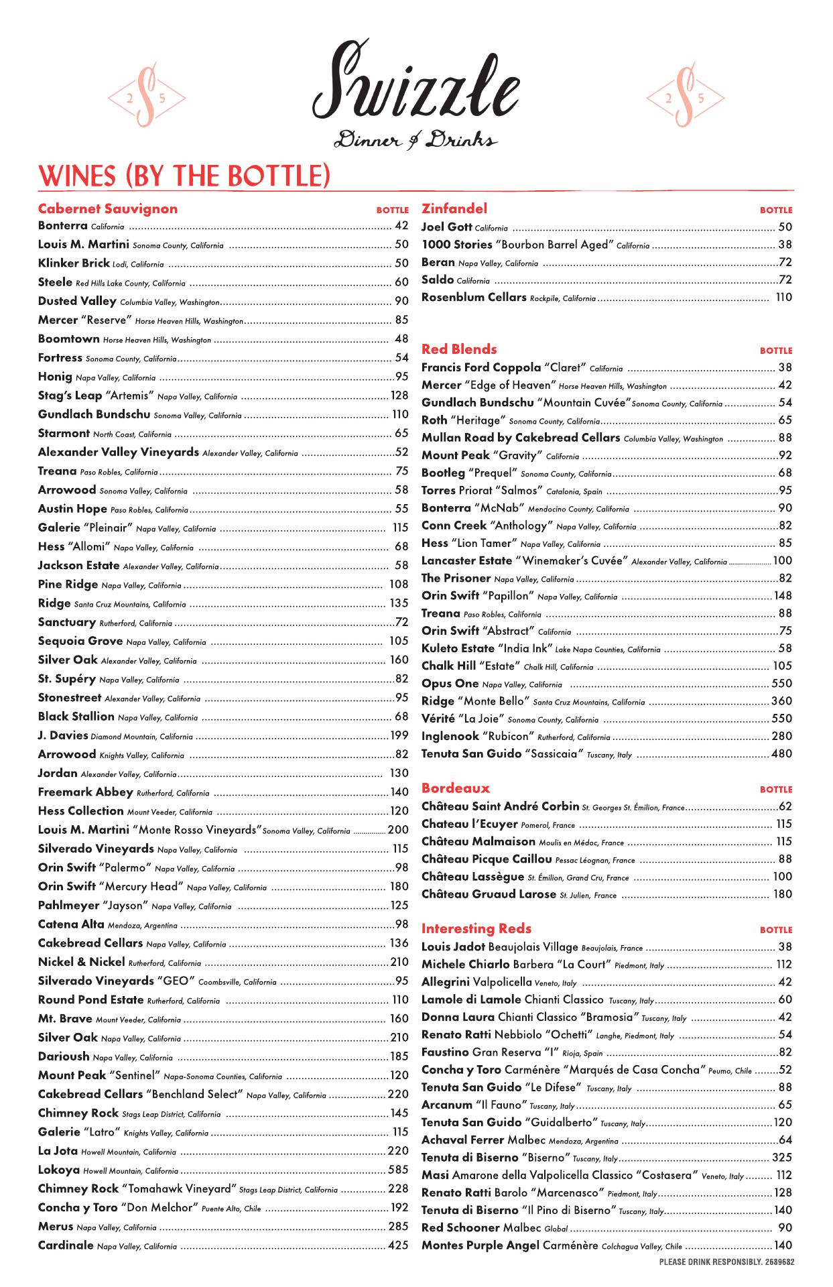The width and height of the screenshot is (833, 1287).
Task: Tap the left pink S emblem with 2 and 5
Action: click(x=147, y=98)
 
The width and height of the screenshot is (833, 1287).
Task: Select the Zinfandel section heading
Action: click(x=454, y=208)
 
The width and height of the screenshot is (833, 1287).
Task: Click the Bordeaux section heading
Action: click(x=456, y=788)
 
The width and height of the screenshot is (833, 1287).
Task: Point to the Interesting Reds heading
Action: click(x=476, y=928)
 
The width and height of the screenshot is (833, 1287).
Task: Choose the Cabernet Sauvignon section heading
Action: click(x=107, y=208)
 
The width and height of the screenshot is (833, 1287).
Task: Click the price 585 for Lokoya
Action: click(x=398, y=1170)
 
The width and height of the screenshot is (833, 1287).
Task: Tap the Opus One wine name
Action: click(x=450, y=684)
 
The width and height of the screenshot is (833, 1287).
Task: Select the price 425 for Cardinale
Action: click(x=398, y=1245)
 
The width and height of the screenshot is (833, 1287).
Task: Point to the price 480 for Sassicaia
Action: click(x=781, y=753)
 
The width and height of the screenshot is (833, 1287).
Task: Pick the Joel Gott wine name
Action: click(x=446, y=227)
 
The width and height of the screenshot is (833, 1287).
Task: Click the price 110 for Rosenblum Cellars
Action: click(x=783, y=297)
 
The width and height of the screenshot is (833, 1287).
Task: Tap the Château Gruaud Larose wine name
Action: click(x=489, y=894)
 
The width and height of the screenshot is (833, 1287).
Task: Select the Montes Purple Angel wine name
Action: click(x=480, y=1245)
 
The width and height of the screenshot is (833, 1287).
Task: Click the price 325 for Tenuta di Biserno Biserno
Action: click(x=781, y=1158)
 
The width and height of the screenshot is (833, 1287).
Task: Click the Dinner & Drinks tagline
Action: click(x=415, y=140)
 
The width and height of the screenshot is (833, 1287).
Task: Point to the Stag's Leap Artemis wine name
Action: click(x=70, y=396)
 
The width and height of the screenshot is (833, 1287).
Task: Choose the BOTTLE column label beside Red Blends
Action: click(x=775, y=351)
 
